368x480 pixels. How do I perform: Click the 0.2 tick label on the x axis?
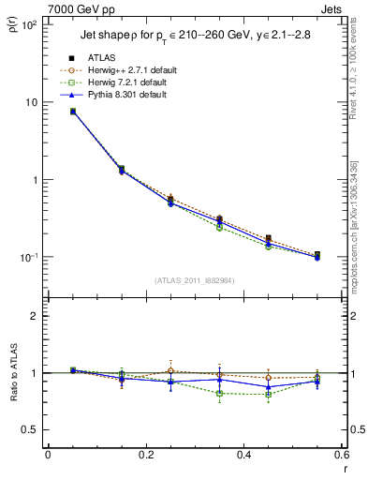point(146,456)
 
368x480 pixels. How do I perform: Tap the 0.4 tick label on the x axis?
point(243,456)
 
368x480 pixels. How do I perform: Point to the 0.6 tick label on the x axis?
point(342,456)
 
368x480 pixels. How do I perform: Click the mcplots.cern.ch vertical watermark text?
point(355,225)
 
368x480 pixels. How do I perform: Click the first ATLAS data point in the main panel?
point(72,112)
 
